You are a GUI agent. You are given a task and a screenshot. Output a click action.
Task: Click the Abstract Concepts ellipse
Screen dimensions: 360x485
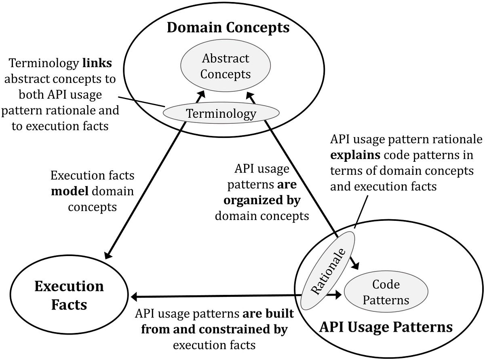[225, 66]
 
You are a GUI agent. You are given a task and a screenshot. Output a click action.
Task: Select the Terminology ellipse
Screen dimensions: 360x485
[221, 113]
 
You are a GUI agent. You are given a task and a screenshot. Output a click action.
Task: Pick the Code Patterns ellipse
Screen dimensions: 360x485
[386, 292]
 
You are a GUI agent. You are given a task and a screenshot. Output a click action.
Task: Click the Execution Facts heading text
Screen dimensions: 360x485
[69, 295]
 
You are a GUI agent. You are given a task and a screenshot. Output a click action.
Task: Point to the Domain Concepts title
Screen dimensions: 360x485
[228, 28]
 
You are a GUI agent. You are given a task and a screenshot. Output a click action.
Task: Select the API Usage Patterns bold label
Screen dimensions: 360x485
[386, 326]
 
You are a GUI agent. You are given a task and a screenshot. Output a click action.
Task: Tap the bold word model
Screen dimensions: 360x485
[67, 191]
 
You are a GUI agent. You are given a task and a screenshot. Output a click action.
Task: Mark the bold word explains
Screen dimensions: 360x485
[349, 155]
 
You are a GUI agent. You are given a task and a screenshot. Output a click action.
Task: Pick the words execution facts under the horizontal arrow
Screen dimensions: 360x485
[214, 345]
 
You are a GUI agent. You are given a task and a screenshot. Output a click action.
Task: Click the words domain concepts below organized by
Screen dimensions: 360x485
[261, 216]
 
